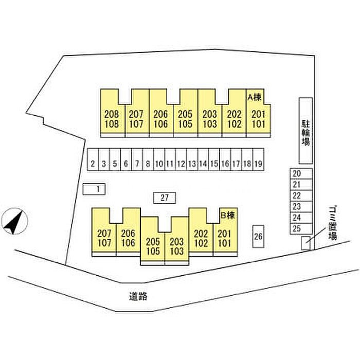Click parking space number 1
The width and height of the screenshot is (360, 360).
tap(94, 189)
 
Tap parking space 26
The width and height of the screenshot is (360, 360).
tap(259, 237)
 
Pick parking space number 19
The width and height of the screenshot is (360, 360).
tap(259, 164)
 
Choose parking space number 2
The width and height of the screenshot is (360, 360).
tap(93, 164)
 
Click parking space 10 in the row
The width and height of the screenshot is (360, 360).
tap(159, 164)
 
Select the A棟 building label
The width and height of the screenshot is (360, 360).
tap(255, 96)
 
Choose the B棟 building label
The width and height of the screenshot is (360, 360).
tap(227, 215)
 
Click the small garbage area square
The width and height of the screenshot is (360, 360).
tap(305, 242)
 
